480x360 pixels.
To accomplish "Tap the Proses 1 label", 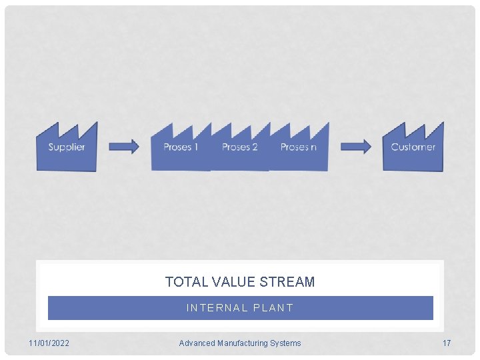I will click(x=181, y=147).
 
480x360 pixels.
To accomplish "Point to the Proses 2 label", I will click(x=239, y=147).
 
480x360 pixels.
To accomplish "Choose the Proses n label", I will click(x=298, y=147).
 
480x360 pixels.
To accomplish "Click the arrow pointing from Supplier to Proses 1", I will click(x=124, y=147).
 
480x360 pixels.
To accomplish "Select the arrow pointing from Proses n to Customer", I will click(x=356, y=147).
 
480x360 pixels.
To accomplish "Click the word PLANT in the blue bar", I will click(x=271, y=308).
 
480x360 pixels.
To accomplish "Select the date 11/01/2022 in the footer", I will click(x=49, y=343).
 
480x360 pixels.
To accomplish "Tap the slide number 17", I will click(x=447, y=343).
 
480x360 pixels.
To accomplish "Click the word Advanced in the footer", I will click(x=197, y=343).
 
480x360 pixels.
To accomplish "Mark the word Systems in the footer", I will click(x=286, y=343).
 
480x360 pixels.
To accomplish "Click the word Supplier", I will click(x=67, y=147).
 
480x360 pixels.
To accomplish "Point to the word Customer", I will click(x=413, y=147).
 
